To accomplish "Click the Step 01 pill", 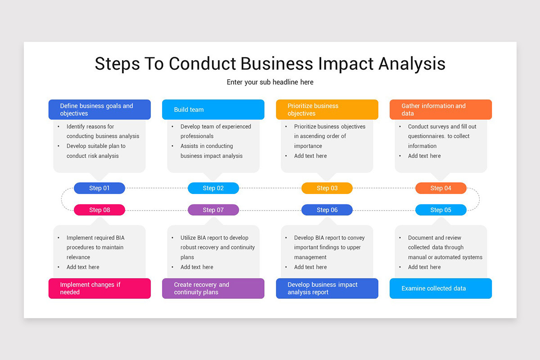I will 99,188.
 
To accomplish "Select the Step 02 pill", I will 213,188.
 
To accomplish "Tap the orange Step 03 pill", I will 327,188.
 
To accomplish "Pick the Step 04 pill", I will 441,188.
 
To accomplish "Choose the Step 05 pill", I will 441,210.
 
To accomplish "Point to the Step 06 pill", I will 327,210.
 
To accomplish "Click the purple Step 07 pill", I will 213,210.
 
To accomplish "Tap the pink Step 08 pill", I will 99,210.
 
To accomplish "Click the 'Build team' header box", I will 213,109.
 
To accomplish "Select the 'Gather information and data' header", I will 441,109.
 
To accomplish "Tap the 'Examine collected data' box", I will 441,288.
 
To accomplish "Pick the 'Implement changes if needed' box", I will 99,288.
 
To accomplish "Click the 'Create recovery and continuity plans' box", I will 213,288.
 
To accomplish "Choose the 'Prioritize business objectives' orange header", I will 327,109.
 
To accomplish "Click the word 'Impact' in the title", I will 346,64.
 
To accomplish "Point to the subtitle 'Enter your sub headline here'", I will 270,82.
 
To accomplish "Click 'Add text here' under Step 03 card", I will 310,156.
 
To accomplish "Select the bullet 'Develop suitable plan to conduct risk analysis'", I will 96,151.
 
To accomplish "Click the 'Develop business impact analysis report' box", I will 327,288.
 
